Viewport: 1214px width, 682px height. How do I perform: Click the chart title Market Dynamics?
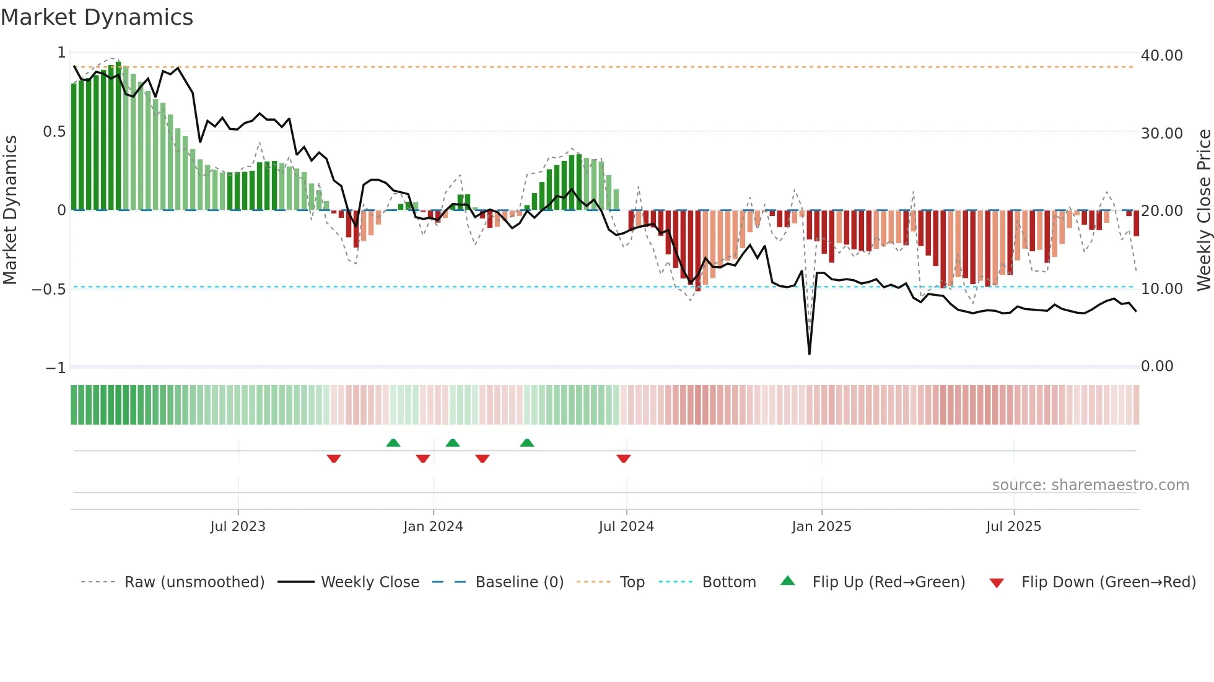coord(97,17)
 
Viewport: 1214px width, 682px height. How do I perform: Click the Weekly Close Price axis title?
coord(1203,210)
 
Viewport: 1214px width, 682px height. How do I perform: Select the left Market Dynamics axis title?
coord(10,210)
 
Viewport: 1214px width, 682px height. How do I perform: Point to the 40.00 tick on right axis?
coord(1161,56)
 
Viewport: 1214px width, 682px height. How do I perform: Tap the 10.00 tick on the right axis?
coord(1161,289)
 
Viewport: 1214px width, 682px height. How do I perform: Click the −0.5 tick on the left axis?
coord(49,290)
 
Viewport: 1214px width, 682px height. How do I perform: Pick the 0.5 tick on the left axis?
coord(54,132)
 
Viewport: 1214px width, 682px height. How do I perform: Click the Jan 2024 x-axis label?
coord(433,527)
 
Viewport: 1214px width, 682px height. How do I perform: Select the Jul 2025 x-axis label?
coord(1013,527)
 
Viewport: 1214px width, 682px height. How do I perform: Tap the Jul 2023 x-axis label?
coord(238,527)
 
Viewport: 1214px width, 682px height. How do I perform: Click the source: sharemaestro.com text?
coord(1090,485)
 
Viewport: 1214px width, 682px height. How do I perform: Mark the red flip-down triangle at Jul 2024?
coord(624,459)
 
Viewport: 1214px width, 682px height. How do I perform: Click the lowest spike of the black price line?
coord(810,353)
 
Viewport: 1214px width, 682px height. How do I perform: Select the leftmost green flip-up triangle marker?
coord(393,442)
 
